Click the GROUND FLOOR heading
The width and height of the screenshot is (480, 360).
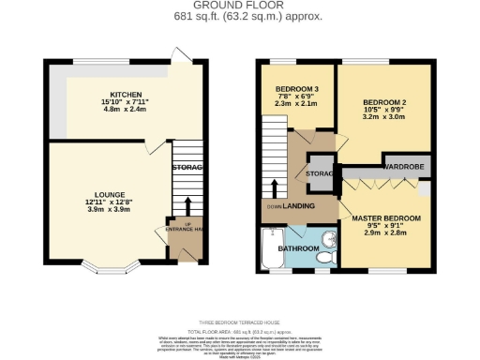240,5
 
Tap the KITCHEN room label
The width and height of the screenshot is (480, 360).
126,96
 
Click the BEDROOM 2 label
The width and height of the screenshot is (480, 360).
384,101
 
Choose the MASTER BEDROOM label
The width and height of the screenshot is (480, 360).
386,218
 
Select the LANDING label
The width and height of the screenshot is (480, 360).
298,206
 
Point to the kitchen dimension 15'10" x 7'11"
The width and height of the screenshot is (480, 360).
126,103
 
